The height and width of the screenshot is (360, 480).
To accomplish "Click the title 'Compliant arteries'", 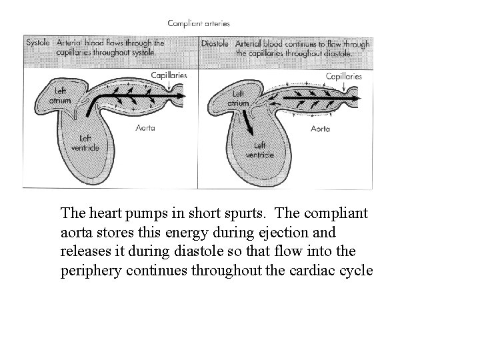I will [199, 23].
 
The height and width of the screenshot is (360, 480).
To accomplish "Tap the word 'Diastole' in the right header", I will [216, 43].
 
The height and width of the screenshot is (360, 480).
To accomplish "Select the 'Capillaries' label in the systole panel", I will [169, 75].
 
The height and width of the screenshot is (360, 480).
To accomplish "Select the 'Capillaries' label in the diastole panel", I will [343, 76].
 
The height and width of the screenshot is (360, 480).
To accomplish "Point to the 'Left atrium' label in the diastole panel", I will [237, 99].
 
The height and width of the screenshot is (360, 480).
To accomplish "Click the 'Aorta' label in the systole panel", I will [145, 128].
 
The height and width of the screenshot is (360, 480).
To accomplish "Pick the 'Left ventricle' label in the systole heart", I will [87, 142].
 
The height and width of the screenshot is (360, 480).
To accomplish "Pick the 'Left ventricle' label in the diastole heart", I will [259, 149].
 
